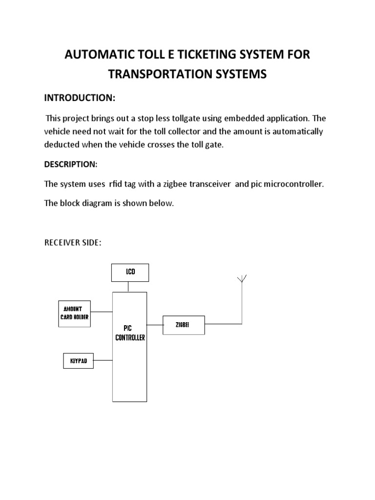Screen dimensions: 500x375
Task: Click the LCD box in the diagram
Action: pyautogui.click(x=129, y=272)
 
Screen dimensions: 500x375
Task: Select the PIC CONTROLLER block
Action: pyautogui.click(x=130, y=346)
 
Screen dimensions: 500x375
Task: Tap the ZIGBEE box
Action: pyautogui.click(x=183, y=325)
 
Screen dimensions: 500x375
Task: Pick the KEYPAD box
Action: pyautogui.click(x=78, y=361)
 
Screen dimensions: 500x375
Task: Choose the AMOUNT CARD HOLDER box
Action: pyautogui.click(x=74, y=313)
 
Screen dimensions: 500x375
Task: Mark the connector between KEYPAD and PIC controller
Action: pyautogui.click(x=103, y=361)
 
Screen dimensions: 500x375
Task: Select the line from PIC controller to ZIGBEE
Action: pyautogui.click(x=155, y=324)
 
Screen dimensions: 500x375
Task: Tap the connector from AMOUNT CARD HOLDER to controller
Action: pyautogui.click(x=102, y=312)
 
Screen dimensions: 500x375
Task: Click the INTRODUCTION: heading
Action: pyautogui.click(x=80, y=98)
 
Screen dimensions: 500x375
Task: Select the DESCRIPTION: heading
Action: pyautogui.click(x=71, y=165)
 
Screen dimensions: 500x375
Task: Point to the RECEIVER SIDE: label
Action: pyautogui.click(x=73, y=243)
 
